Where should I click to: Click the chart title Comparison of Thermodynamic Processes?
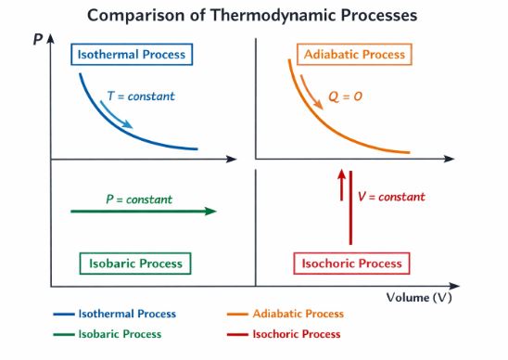tap(252, 16)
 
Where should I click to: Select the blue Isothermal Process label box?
tap(131, 54)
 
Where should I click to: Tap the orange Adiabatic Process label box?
tap(354, 54)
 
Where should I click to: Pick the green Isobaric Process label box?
tap(135, 264)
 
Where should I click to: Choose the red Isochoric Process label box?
tap(352, 264)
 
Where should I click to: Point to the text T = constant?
tap(141, 96)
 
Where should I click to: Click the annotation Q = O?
tap(346, 96)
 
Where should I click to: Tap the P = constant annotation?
tap(138, 199)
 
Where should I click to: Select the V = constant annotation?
tap(391, 197)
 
